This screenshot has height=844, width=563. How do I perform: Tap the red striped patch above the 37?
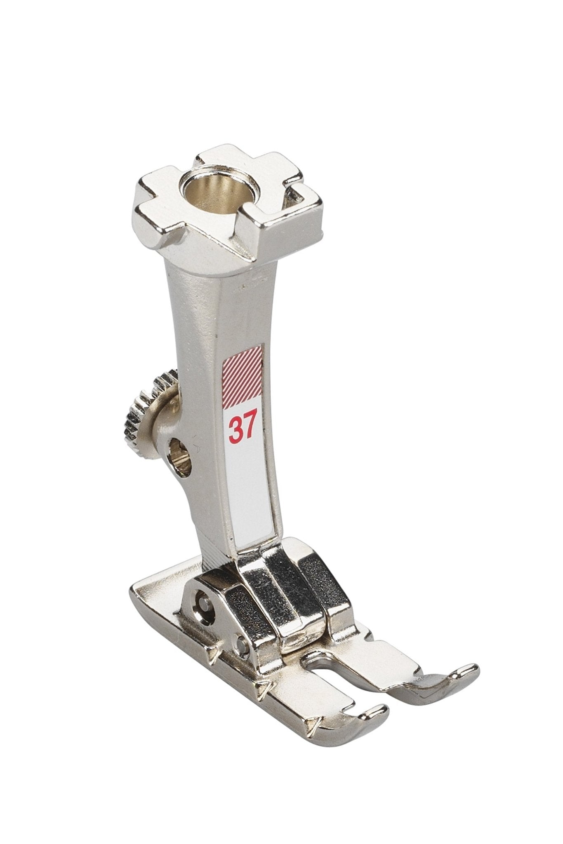click(x=243, y=375)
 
